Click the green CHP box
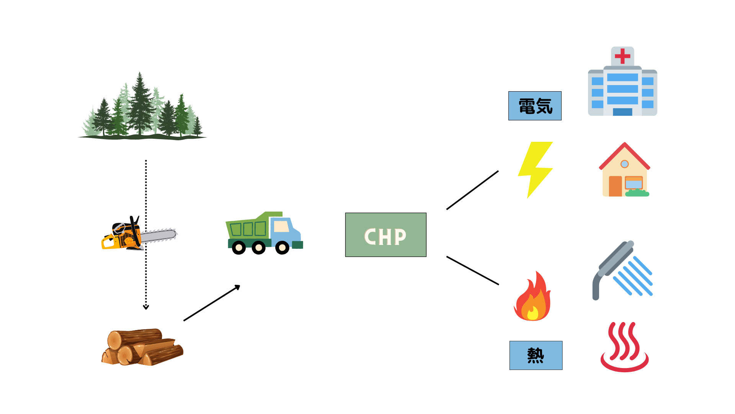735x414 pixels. [385, 235]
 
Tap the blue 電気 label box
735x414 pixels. [535, 106]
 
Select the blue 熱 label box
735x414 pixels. [536, 355]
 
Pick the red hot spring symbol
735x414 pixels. [624, 347]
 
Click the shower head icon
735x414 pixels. [622, 270]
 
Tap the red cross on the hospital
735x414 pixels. [622, 56]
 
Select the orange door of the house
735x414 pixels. [615, 186]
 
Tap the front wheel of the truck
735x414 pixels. [282, 248]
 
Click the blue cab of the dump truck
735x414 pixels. [285, 230]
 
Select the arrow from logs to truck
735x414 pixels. [211, 303]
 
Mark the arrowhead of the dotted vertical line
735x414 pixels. [146, 307]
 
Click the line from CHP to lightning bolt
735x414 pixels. [472, 190]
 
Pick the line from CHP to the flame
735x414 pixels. [472, 271]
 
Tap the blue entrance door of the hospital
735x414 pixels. [622, 112]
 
